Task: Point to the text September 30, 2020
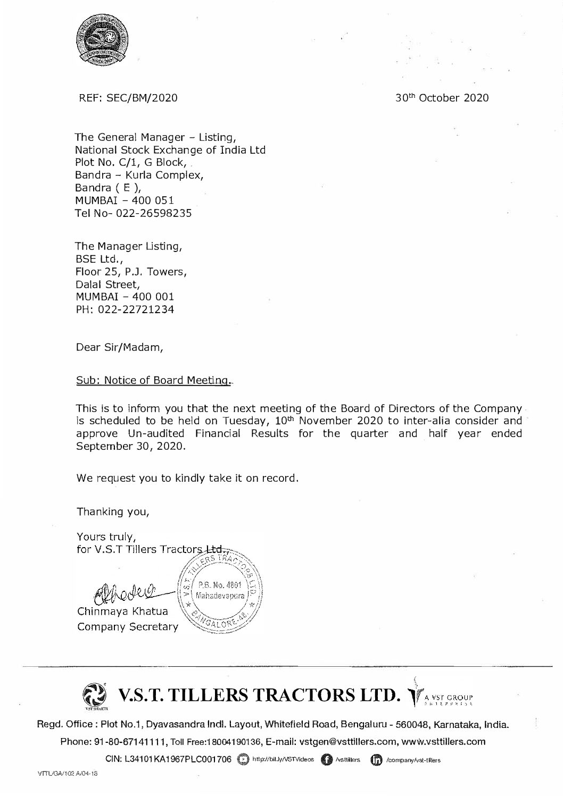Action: point(131,447)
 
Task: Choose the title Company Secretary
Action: point(128,627)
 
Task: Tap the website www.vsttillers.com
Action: point(443,742)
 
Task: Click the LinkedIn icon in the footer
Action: point(376,760)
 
